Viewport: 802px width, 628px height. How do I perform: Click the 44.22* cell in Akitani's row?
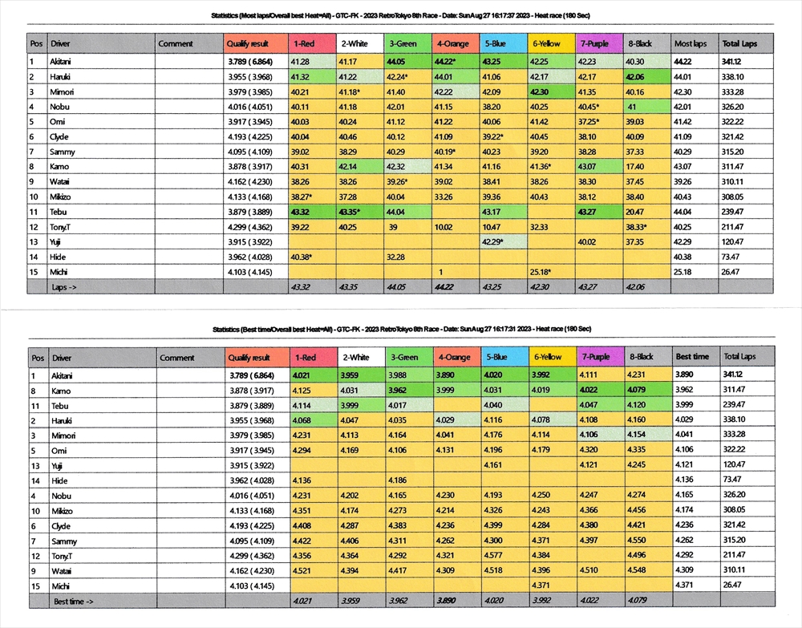click(446, 61)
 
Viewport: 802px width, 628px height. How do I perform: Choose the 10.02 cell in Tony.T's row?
click(444, 227)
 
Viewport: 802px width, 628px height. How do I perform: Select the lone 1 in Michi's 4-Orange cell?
click(440, 272)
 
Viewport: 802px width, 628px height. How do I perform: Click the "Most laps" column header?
click(689, 43)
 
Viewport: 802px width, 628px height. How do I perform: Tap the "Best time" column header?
click(692, 357)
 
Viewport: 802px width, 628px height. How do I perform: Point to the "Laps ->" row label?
click(66, 286)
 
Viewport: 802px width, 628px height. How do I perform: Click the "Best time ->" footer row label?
click(73, 600)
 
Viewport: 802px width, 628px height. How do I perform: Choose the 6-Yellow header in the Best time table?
click(549, 357)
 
